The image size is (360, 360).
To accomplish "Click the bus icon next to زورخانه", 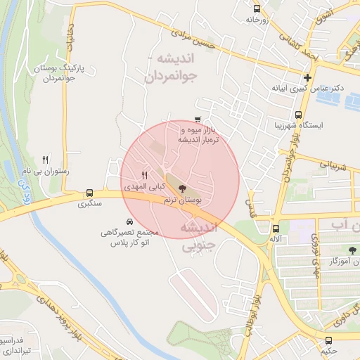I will (x=257, y=9).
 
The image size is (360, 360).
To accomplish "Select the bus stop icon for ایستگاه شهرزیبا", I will (x=298, y=115).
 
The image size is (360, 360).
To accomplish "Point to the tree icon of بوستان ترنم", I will (x=183, y=188).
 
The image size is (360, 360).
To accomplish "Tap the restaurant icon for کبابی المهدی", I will (x=144, y=175).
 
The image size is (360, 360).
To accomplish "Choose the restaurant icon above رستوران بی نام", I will (x=46, y=160).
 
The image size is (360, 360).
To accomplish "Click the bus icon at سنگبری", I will (x=89, y=193).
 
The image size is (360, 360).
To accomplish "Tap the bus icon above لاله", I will (x=276, y=229).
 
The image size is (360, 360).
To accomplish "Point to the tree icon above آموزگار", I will (x=352, y=250).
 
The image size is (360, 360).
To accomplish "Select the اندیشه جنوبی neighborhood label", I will (x=201, y=238).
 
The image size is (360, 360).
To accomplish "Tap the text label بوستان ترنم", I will (x=182, y=200).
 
